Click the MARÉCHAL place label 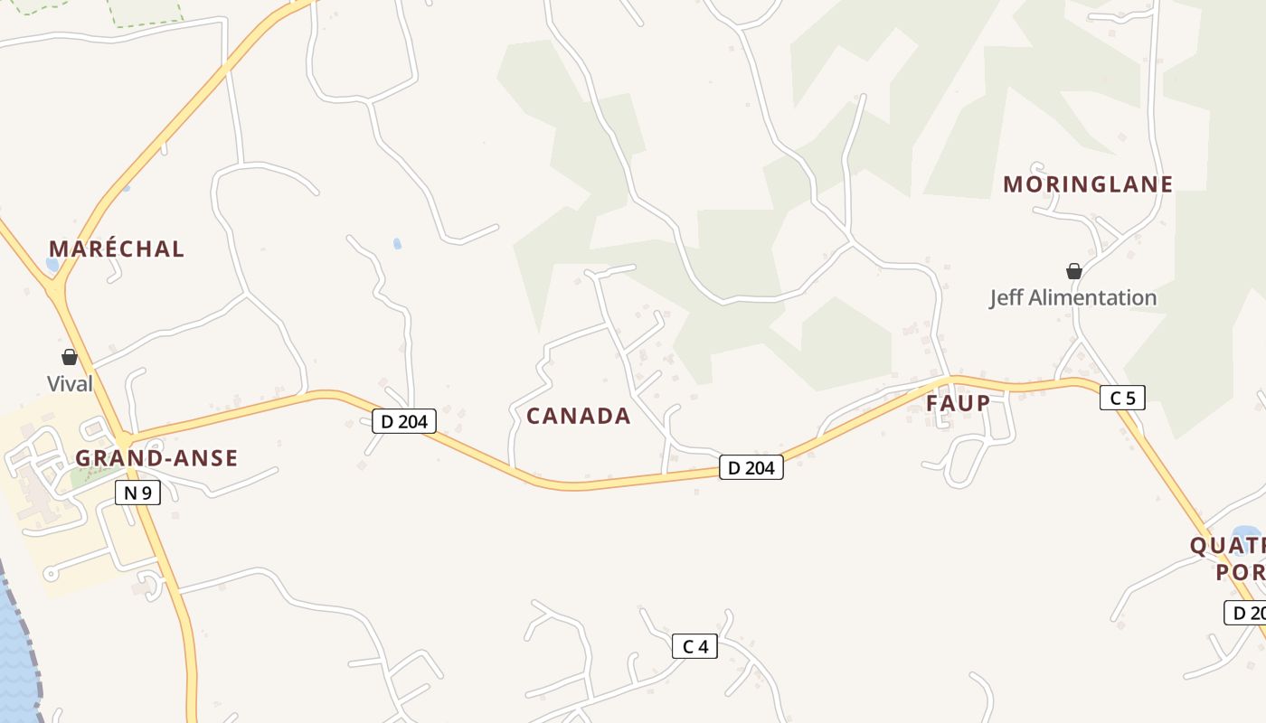117,249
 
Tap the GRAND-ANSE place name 156,458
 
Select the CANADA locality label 579,417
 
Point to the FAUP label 958,403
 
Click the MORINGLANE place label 1088,185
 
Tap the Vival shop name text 70,384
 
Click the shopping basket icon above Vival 70,357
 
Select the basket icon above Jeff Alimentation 1073,271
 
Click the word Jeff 1007,298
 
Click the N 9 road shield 137,493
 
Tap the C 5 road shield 1122,398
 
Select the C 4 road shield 694,646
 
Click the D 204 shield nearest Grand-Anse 404,420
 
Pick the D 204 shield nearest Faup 751,467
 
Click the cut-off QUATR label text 1228,546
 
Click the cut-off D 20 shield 1246,613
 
